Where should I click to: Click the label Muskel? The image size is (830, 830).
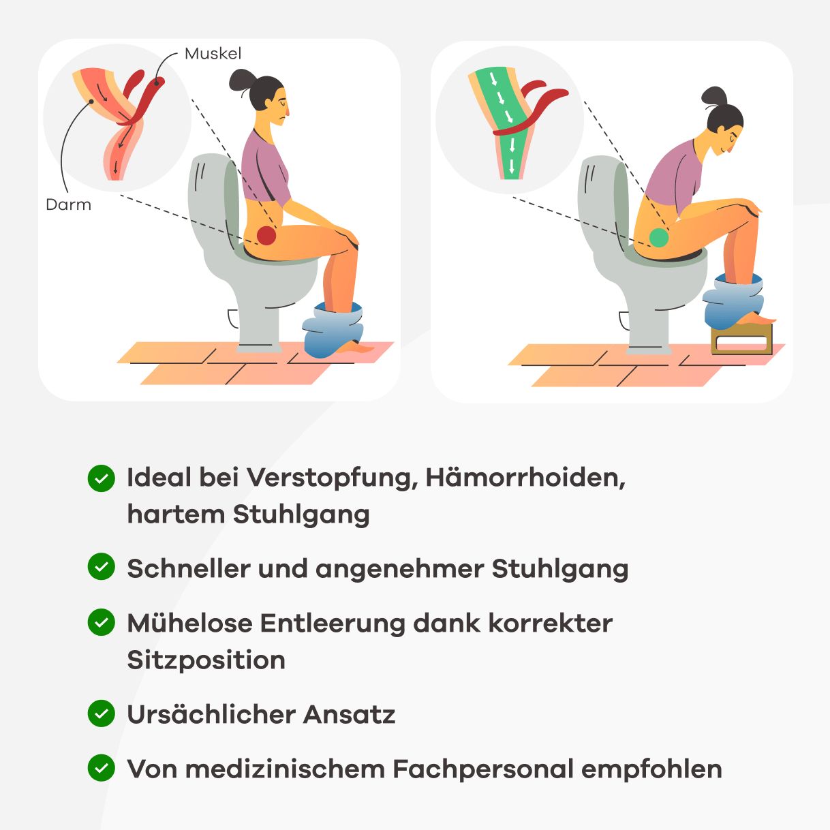[213, 54]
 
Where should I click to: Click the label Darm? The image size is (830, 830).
[68, 204]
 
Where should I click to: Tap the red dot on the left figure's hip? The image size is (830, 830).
[266, 236]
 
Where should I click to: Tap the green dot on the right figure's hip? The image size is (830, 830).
[658, 237]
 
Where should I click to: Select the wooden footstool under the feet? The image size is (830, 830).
[741, 339]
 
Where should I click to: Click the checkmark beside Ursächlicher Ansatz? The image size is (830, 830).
[102, 713]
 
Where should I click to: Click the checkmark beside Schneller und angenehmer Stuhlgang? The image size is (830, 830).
[102, 567]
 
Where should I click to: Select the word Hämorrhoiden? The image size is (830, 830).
[525, 478]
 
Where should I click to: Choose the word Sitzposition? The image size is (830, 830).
[206, 660]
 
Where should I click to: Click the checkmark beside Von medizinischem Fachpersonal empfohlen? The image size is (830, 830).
[102, 768]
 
